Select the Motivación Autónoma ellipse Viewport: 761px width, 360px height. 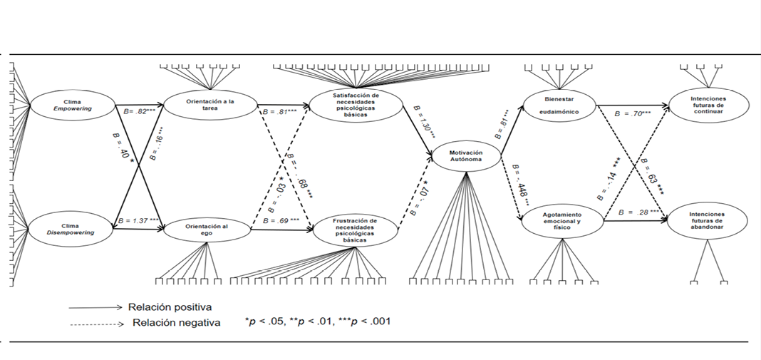467,158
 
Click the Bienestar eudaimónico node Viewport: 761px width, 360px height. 559,106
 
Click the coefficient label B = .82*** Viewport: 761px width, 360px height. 139,112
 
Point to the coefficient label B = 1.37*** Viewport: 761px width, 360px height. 141,221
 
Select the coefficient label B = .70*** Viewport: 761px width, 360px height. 634,113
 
